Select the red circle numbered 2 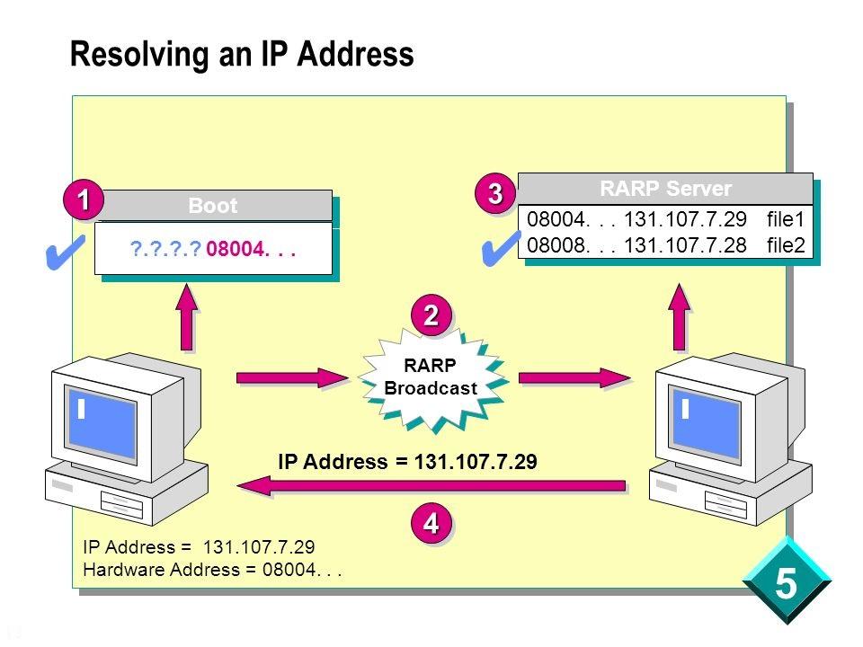431,315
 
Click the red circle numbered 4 431,521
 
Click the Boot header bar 213,206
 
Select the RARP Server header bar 665,189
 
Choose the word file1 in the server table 787,219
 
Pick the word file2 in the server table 787,244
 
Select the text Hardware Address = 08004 214,569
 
